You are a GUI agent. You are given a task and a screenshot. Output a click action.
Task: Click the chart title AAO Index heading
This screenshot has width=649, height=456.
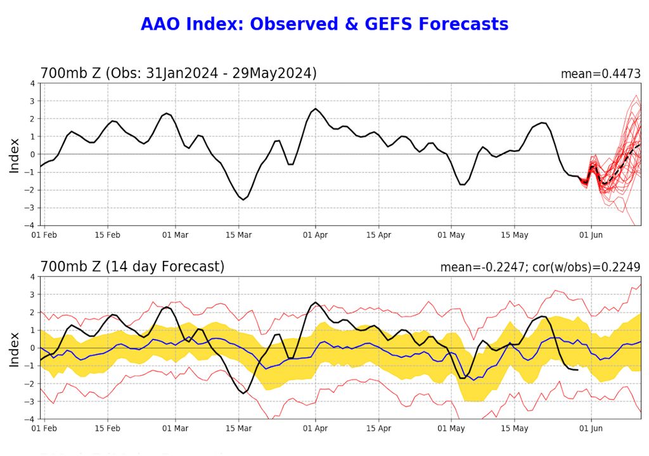pos(324,24)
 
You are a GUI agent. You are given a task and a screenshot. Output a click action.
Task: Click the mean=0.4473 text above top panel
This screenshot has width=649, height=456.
pos(600,74)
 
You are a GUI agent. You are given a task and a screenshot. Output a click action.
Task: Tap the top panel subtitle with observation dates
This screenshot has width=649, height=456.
pos(178,73)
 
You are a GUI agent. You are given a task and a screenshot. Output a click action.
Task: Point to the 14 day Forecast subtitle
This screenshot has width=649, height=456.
pos(132,267)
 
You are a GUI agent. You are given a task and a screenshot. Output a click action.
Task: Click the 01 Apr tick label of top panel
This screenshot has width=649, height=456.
pos(316,235)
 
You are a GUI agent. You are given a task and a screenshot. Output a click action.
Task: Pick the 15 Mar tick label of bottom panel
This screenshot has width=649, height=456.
pos(239,429)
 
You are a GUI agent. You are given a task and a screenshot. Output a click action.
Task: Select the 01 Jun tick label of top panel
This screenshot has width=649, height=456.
pos(591,235)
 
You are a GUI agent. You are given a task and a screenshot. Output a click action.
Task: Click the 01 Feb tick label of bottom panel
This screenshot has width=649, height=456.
pos(45,429)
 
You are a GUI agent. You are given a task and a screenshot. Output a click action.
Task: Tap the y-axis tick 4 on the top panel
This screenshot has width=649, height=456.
pos(33,83)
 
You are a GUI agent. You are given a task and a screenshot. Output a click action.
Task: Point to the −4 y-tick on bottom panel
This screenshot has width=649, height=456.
pos(31,419)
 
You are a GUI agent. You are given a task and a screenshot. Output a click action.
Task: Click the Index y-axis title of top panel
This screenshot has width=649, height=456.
pos(15,155)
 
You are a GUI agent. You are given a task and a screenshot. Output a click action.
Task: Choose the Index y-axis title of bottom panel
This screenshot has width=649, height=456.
pos(15,348)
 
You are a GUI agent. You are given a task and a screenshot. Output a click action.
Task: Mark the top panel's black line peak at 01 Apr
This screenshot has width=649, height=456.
pos(316,108)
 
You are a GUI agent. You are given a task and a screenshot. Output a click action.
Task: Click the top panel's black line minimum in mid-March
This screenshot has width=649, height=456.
pos(243,199)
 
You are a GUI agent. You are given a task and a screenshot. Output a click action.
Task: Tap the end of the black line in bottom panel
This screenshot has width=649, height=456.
pos(577,370)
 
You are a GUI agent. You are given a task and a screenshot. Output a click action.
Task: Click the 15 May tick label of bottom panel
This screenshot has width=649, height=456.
pos(515,429)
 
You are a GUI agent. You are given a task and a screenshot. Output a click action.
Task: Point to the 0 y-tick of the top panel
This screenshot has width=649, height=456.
pos(33,154)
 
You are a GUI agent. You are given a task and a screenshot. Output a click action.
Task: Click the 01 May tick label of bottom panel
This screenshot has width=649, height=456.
pos(452,429)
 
